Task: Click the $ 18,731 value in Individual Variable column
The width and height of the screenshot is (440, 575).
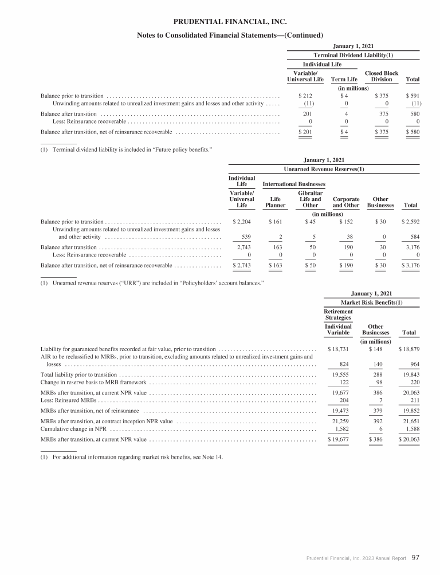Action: pos(337,349)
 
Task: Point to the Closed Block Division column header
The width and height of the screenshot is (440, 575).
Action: pos(382,77)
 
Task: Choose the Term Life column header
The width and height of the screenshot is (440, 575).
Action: pos(344,80)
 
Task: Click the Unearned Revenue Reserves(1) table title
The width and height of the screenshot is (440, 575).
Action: pos(324,169)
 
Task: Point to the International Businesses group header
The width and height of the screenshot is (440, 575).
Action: pos(294,184)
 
